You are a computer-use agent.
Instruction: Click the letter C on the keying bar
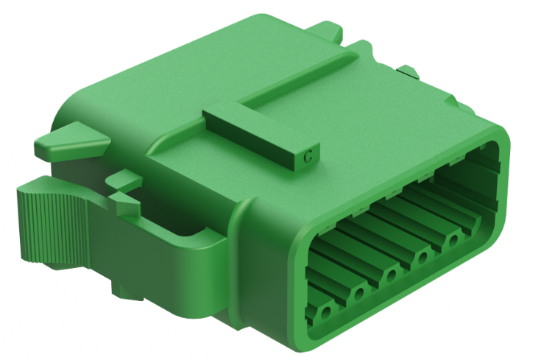pos(310,155)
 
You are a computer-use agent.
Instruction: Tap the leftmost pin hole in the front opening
pos(323,314)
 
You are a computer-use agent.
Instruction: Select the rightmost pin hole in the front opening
pos(453,240)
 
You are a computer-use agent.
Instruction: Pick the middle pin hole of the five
pos(391,275)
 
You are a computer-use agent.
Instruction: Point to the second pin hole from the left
pos(358,294)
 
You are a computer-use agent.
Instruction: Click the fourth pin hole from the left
pos(422,257)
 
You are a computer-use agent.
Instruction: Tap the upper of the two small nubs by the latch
pos(124,178)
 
